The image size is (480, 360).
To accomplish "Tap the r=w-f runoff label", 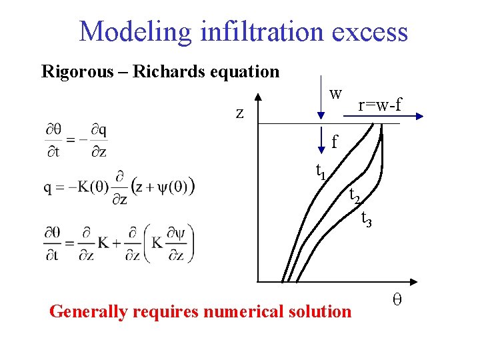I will [x=380, y=105].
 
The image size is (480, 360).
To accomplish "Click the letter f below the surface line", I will [x=335, y=141].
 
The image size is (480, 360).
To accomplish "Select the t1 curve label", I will [x=321, y=171].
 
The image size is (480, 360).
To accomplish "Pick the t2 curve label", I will [x=355, y=195].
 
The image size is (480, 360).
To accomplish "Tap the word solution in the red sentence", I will [x=323, y=311].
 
